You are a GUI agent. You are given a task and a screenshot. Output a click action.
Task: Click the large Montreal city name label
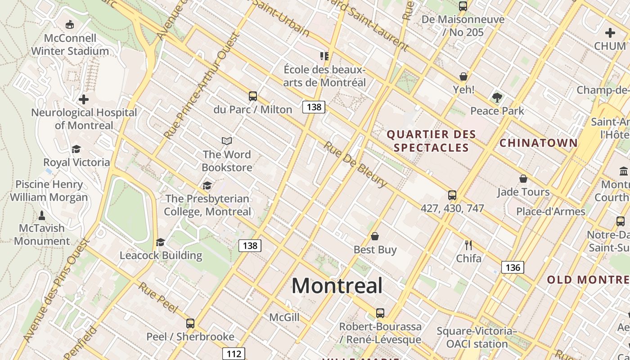pos(337,286)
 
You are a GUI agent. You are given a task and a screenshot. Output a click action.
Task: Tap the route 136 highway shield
pos(513,268)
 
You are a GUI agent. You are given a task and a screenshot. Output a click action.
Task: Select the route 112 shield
pos(234,354)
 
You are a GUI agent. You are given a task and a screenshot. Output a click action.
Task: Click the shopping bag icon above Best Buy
pos(374,236)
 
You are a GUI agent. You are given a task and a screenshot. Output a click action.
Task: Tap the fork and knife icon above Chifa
pos(468,245)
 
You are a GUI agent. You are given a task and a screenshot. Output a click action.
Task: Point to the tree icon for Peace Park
pos(497,97)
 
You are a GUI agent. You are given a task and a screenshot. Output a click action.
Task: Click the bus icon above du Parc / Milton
pos(253,96)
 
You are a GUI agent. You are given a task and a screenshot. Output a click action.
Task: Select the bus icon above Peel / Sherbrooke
pos(190,323)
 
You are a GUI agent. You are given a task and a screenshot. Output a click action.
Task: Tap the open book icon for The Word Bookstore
pos(227,141)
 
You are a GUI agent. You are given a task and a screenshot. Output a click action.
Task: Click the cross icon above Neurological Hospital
pos(84,99)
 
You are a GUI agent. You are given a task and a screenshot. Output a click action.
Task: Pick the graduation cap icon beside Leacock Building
pos(160,243)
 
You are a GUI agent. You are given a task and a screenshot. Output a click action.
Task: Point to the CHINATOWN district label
pos(539,143)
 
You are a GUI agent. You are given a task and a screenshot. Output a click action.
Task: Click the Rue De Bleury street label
pos(355,165)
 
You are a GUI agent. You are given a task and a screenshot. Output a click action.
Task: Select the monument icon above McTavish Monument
pos(42,215)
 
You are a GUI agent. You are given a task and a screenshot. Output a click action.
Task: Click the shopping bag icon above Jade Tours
pos(523,179)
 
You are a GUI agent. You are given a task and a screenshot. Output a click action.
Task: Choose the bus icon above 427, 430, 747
pos(452,195)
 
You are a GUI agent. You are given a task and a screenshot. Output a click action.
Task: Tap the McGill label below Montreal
pos(284,318)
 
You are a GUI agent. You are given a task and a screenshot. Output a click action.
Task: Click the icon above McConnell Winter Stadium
pos(70,24)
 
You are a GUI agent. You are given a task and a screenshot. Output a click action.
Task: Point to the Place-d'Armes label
pos(551,211)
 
